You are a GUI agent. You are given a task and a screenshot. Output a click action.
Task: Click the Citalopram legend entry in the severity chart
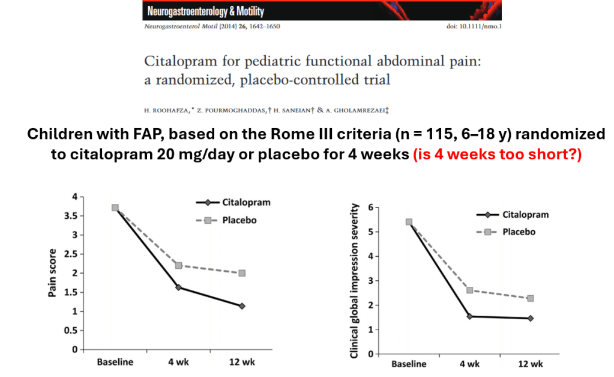point(525,215)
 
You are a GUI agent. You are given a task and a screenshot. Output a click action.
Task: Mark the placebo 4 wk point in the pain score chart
point(178,265)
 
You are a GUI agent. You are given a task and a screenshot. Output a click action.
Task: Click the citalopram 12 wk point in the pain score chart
point(242,306)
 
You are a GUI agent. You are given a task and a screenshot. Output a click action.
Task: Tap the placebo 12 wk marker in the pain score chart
point(242,273)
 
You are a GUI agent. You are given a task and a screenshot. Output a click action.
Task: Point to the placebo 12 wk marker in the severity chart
point(531,298)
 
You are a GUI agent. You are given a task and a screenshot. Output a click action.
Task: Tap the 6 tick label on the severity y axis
point(377,207)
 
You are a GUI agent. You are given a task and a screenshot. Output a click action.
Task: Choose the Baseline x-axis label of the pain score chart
point(115,362)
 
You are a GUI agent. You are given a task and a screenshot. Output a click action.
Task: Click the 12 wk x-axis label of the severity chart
point(531,364)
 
